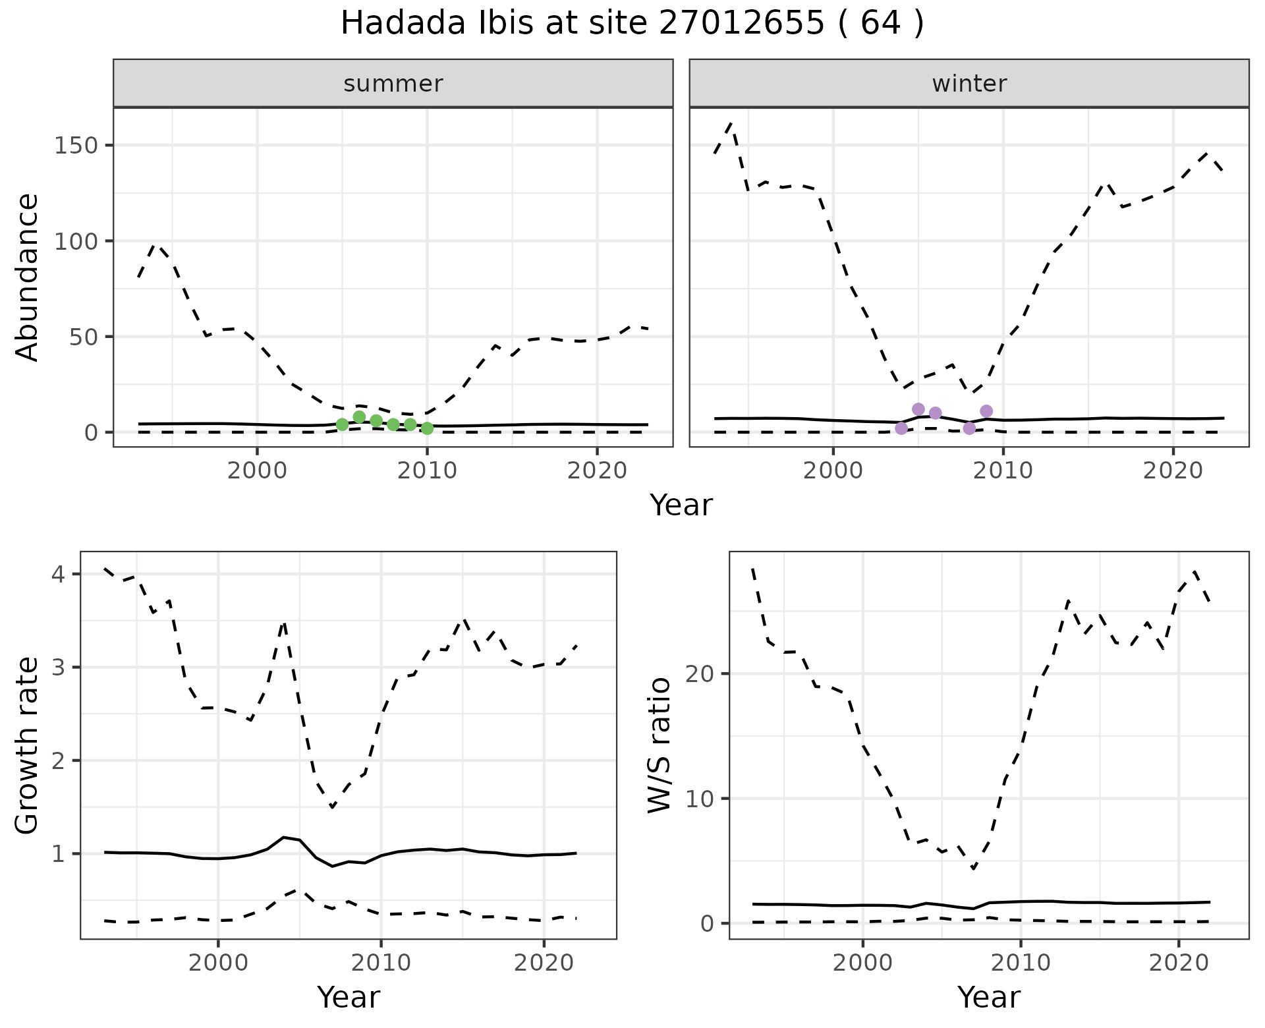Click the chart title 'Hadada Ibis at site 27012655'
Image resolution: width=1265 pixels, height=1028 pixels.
coord(631,24)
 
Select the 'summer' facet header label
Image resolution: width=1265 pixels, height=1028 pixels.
coord(393,84)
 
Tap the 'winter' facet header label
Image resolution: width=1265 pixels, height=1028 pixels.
coord(969,84)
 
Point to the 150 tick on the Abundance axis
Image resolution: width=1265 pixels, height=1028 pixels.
coord(76,146)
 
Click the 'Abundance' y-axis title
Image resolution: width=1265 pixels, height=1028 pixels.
coord(28,277)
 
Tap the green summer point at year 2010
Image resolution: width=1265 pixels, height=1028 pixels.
coord(427,428)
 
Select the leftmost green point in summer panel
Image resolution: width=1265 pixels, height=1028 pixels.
coord(342,424)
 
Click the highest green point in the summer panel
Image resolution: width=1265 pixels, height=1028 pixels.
coord(359,416)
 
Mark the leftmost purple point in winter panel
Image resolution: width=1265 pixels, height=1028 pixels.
coord(901,428)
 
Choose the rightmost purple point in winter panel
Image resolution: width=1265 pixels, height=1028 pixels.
coord(986,411)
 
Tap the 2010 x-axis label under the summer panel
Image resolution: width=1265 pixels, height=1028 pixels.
coord(427,471)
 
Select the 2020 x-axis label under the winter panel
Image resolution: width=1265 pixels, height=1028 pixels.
coord(1173,471)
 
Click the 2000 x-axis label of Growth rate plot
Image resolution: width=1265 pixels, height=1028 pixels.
coord(218,963)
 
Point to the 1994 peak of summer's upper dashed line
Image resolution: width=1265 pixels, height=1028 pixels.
coord(155,244)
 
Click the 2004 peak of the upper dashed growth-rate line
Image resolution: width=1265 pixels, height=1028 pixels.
coord(283,621)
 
